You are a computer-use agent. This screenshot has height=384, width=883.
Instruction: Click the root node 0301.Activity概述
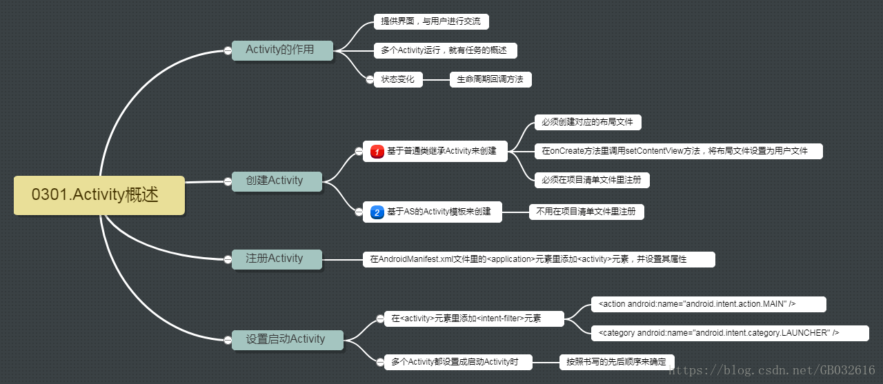99,195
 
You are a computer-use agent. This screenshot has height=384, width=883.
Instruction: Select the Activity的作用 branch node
282,50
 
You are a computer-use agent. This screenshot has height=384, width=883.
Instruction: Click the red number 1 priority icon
377,151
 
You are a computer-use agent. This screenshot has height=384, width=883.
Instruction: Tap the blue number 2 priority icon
377,212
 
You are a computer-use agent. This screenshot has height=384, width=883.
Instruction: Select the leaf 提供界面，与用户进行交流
431,21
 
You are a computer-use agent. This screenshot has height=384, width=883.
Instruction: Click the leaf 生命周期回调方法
490,79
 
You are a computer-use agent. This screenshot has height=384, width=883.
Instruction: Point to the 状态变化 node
398,79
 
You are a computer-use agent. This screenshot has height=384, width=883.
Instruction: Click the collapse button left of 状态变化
369,80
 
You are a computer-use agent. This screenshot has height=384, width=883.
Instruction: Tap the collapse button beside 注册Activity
228,259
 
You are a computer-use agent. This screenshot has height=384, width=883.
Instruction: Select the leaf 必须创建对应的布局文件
588,122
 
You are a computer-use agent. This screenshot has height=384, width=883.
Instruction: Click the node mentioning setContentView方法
678,151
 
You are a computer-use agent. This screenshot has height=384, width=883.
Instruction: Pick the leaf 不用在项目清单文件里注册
586,212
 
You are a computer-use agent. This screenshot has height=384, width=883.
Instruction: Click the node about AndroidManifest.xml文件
539,259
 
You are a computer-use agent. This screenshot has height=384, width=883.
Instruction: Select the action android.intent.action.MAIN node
708,304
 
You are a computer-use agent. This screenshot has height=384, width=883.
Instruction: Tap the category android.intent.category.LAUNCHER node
730,333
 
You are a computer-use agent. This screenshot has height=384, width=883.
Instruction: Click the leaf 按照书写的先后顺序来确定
617,362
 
